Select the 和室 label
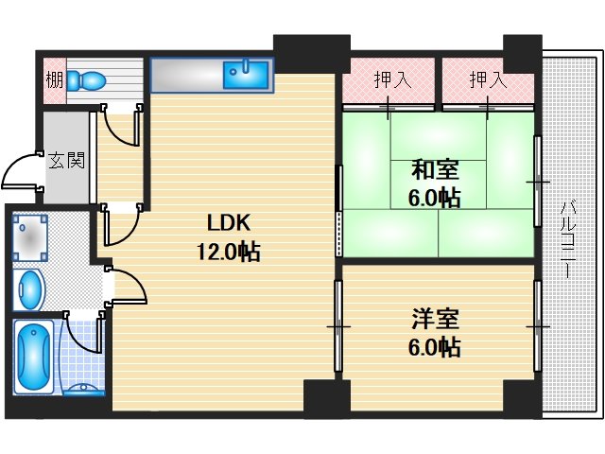435,171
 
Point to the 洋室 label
435,319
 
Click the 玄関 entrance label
67,159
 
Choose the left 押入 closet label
391,79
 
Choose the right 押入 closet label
489,79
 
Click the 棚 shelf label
54,79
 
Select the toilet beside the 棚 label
87,79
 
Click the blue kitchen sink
246,73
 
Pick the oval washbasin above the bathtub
30,288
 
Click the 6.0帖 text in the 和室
435,199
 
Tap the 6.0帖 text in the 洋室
435,346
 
